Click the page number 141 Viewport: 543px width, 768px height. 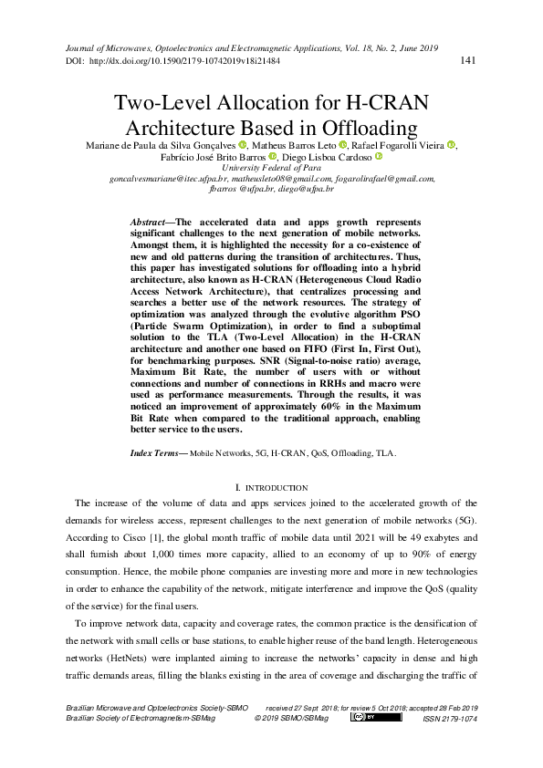click(468, 61)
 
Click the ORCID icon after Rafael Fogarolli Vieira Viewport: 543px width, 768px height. click(451, 145)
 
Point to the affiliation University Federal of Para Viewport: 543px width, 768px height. click(271, 169)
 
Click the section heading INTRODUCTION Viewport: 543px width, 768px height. click(276, 491)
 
